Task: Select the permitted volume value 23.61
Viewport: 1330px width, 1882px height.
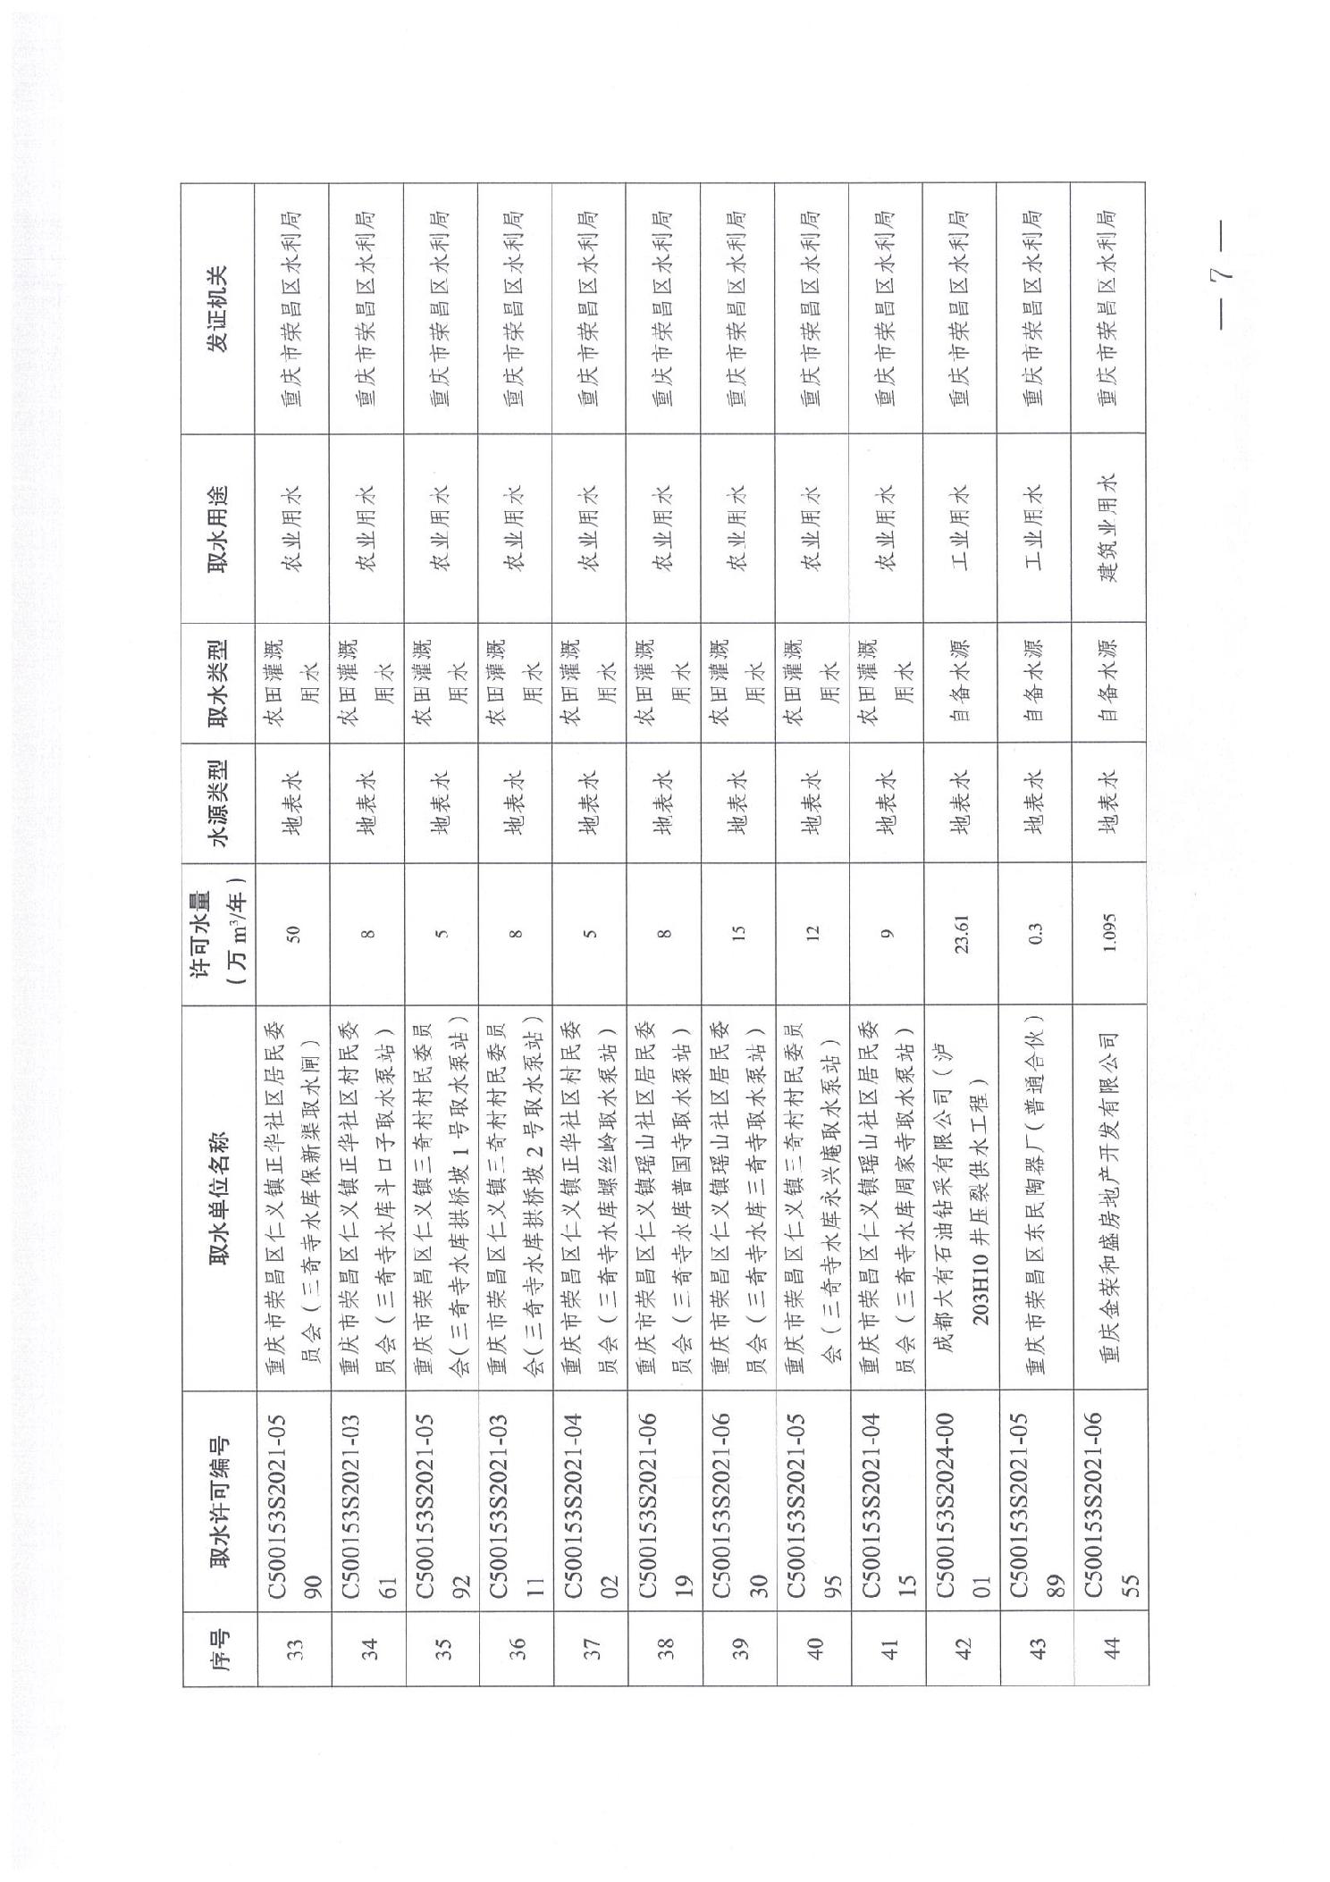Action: (962, 934)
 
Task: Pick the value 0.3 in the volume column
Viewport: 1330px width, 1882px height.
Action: (1035, 934)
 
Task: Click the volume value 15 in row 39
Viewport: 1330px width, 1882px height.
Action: (738, 934)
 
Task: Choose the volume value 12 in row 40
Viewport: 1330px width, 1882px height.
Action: (812, 934)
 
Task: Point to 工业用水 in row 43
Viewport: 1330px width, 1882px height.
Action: (1035, 527)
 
